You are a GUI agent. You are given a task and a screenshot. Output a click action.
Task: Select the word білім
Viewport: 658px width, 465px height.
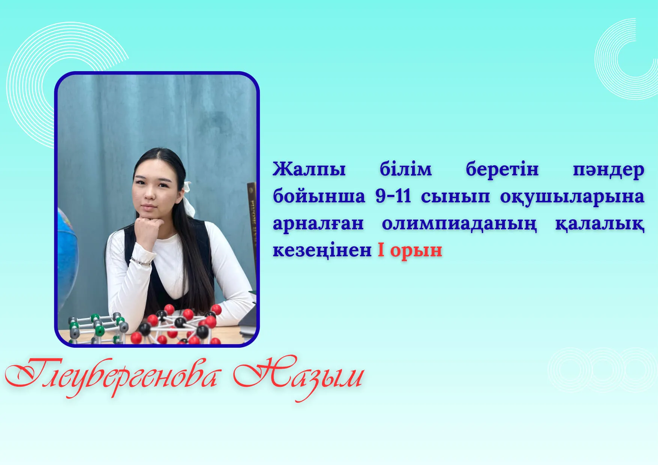(406, 169)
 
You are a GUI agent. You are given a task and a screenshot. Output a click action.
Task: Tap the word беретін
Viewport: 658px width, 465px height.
(502, 169)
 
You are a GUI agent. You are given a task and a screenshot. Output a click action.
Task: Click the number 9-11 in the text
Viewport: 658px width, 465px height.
(393, 196)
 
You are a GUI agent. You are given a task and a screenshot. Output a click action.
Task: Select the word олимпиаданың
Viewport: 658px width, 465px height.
(459, 224)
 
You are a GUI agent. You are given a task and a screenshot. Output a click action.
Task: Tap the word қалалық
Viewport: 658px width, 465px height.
(600, 224)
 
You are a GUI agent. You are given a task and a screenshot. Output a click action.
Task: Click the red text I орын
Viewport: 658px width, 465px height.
(410, 250)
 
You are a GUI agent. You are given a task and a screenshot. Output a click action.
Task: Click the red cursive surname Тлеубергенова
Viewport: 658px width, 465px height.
(111, 376)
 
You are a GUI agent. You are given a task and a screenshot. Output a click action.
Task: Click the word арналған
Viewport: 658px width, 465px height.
(318, 224)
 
